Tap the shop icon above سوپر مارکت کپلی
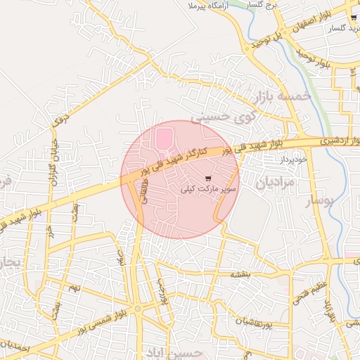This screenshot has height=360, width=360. (208, 178)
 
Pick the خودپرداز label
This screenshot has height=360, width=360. (294, 160)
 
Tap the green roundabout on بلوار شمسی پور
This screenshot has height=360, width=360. (138, 309)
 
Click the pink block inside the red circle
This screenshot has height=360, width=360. (163, 137)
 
